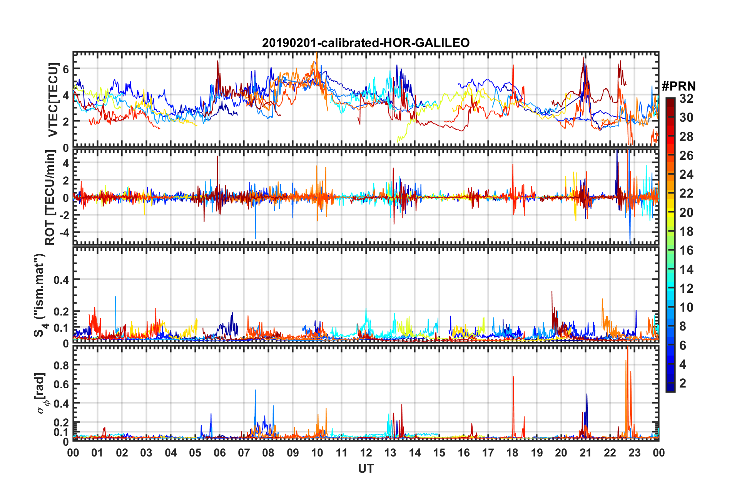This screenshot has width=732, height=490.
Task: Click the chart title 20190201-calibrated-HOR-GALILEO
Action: (x=366, y=43)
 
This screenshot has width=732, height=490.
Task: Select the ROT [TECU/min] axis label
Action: (x=50, y=197)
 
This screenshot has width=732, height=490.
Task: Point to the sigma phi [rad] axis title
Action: (x=41, y=393)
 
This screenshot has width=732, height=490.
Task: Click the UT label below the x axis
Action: (x=366, y=469)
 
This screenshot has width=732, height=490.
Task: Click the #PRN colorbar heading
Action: (x=678, y=86)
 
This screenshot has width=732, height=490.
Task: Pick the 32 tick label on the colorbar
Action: (x=686, y=99)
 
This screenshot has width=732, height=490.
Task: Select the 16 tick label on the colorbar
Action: (x=686, y=250)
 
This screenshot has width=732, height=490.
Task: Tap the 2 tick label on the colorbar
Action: (x=683, y=383)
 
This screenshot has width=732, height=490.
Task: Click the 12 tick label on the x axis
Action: (x=366, y=453)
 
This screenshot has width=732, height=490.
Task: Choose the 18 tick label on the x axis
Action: (x=512, y=453)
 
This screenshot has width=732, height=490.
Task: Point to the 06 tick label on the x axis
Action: (x=220, y=453)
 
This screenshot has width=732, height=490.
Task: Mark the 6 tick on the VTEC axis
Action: (x=66, y=69)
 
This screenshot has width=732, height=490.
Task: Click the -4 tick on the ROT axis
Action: (x=64, y=233)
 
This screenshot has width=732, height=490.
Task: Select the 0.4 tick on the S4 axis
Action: (x=62, y=280)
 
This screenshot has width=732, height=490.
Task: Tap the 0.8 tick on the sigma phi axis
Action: (x=62, y=365)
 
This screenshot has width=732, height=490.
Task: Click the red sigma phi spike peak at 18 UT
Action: (x=513, y=377)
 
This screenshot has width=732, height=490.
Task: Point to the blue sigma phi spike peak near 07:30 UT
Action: (x=255, y=390)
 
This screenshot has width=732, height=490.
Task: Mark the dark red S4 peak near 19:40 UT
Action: (x=552, y=292)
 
